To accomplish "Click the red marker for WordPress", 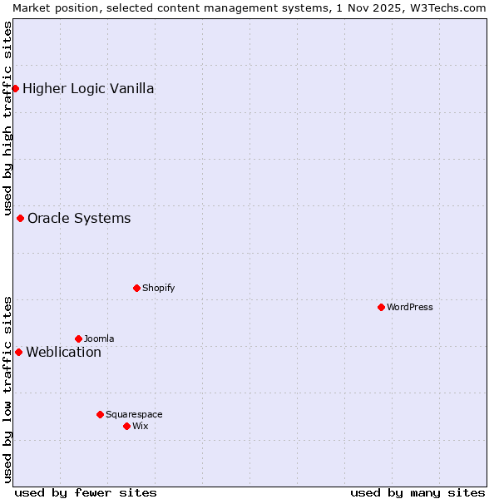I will click(381, 307).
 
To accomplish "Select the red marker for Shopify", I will click(136, 288).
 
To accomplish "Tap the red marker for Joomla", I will click(78, 338).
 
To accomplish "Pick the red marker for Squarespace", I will click(100, 414).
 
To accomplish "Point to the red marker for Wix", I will click(126, 426).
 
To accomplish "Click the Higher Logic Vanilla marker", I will click(15, 88).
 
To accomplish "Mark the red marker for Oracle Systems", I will click(20, 218).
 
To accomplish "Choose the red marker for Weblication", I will click(18, 352).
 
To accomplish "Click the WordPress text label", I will click(410, 307).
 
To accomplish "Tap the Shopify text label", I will click(158, 288).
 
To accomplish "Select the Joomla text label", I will click(99, 338).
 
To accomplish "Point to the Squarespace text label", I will click(134, 414).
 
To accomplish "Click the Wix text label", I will click(140, 426).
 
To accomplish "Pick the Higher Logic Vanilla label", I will click(88, 89).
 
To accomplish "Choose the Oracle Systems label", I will click(79, 219).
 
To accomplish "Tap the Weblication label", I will click(63, 353).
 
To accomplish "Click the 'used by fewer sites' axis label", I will click(86, 492).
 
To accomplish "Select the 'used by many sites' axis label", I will click(417, 492).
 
